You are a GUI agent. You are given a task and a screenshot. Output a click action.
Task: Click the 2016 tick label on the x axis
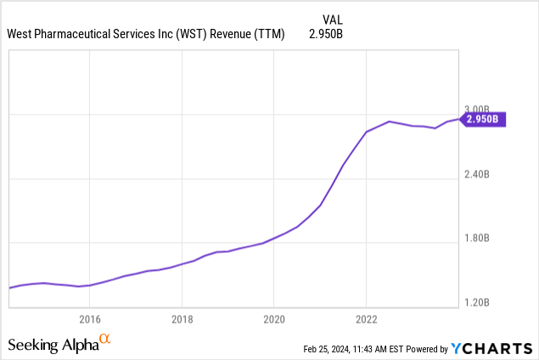pos(90,319)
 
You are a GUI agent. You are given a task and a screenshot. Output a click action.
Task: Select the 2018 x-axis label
pos(182,319)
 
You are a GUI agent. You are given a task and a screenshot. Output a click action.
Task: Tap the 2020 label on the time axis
pos(273,319)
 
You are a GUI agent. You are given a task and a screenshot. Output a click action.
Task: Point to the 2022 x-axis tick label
pos(366,319)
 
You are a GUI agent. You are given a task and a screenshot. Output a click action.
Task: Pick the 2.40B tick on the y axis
pos(477,174)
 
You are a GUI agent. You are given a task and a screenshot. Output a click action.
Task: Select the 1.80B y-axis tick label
pos(477,238)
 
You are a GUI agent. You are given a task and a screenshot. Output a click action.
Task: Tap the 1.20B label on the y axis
pos(477,302)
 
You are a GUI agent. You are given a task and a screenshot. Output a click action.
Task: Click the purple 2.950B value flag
pos(483,120)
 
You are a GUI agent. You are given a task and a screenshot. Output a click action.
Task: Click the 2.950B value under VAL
pos(331,35)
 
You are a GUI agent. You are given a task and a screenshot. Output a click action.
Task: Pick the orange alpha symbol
pos(105,340)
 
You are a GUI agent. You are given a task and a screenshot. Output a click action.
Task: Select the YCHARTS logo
pos(491,348)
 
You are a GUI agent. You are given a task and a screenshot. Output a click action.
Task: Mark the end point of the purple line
pos(458,120)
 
